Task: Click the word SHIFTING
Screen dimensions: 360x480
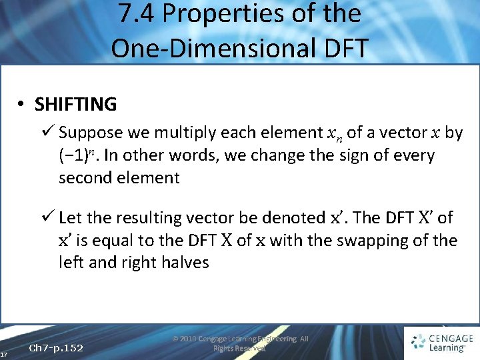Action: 75,105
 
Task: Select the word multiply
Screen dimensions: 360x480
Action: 181,133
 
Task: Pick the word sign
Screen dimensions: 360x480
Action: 355,155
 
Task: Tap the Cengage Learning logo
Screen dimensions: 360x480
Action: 442,342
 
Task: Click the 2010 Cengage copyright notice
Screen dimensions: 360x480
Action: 240,343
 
